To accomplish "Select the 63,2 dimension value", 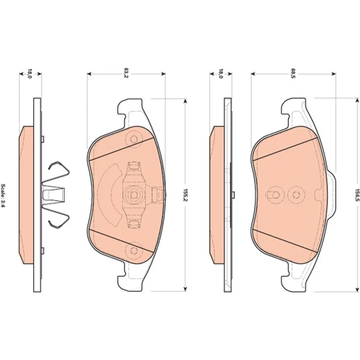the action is [126, 73].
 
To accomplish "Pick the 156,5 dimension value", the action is [357, 195].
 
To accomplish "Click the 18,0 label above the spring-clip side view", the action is [30, 73].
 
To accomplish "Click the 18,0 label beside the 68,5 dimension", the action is [220, 73].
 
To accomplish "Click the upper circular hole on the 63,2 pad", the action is [134, 139].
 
